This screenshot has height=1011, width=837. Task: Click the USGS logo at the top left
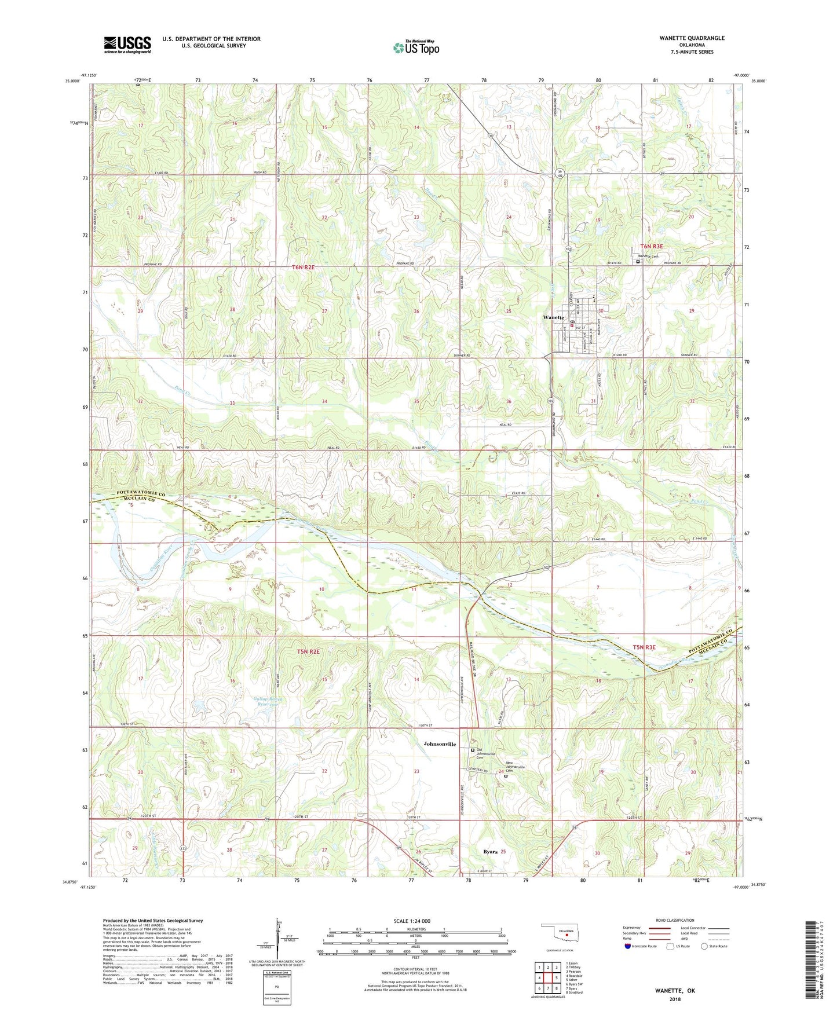point(127,45)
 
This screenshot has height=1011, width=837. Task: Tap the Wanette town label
point(553,318)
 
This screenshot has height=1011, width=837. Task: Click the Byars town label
point(491,852)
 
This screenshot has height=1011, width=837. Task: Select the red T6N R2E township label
point(303,268)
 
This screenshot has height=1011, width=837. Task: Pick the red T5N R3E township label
point(644,647)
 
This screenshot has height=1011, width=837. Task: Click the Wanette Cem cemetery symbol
point(638,262)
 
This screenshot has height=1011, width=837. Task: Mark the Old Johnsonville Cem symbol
point(473,750)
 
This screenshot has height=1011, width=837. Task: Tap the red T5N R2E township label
point(308,652)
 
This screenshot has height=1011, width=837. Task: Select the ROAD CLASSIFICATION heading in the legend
point(675,920)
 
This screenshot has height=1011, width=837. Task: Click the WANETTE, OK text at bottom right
point(674,990)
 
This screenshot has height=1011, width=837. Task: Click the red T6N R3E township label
point(652,247)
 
